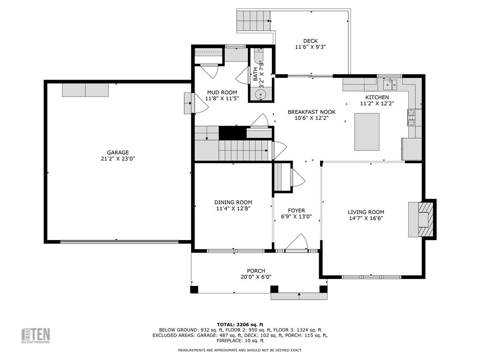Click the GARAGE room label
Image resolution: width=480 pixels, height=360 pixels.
(118, 152)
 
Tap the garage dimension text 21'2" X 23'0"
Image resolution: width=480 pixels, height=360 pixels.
(118, 159)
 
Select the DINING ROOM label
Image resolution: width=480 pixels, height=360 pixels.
(233, 202)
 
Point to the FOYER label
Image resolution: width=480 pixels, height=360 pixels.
(296, 210)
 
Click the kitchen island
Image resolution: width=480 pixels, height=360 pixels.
(367, 132)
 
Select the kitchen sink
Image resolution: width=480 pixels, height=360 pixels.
(390, 84)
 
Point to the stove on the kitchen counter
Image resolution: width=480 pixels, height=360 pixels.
(412, 117)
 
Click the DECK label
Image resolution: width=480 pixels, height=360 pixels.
(310, 41)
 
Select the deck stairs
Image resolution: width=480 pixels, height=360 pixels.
(254, 21)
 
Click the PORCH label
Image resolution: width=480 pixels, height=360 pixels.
(256, 271)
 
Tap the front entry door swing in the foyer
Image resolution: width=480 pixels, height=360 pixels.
(297, 243)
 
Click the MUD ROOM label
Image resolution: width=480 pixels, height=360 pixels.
(222, 92)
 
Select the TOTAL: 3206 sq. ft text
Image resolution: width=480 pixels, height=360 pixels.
(240, 324)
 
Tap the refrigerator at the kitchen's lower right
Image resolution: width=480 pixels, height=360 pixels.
(412, 149)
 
